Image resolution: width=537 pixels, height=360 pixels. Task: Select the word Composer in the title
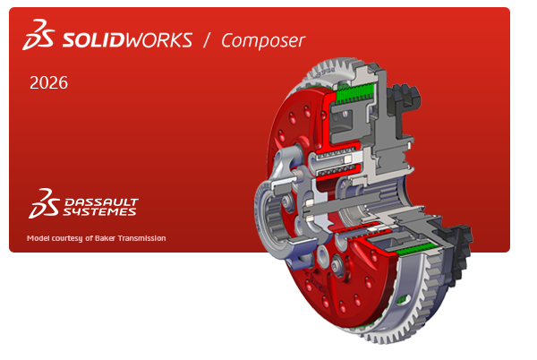[263, 40]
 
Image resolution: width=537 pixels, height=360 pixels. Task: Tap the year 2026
[48, 83]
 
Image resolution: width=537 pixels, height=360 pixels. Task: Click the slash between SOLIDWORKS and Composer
[206, 40]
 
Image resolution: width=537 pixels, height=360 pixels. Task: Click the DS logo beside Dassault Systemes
[40, 203]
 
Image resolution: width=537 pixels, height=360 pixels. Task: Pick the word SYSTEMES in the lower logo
[99, 212]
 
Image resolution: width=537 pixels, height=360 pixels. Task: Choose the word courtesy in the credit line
[72, 238]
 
